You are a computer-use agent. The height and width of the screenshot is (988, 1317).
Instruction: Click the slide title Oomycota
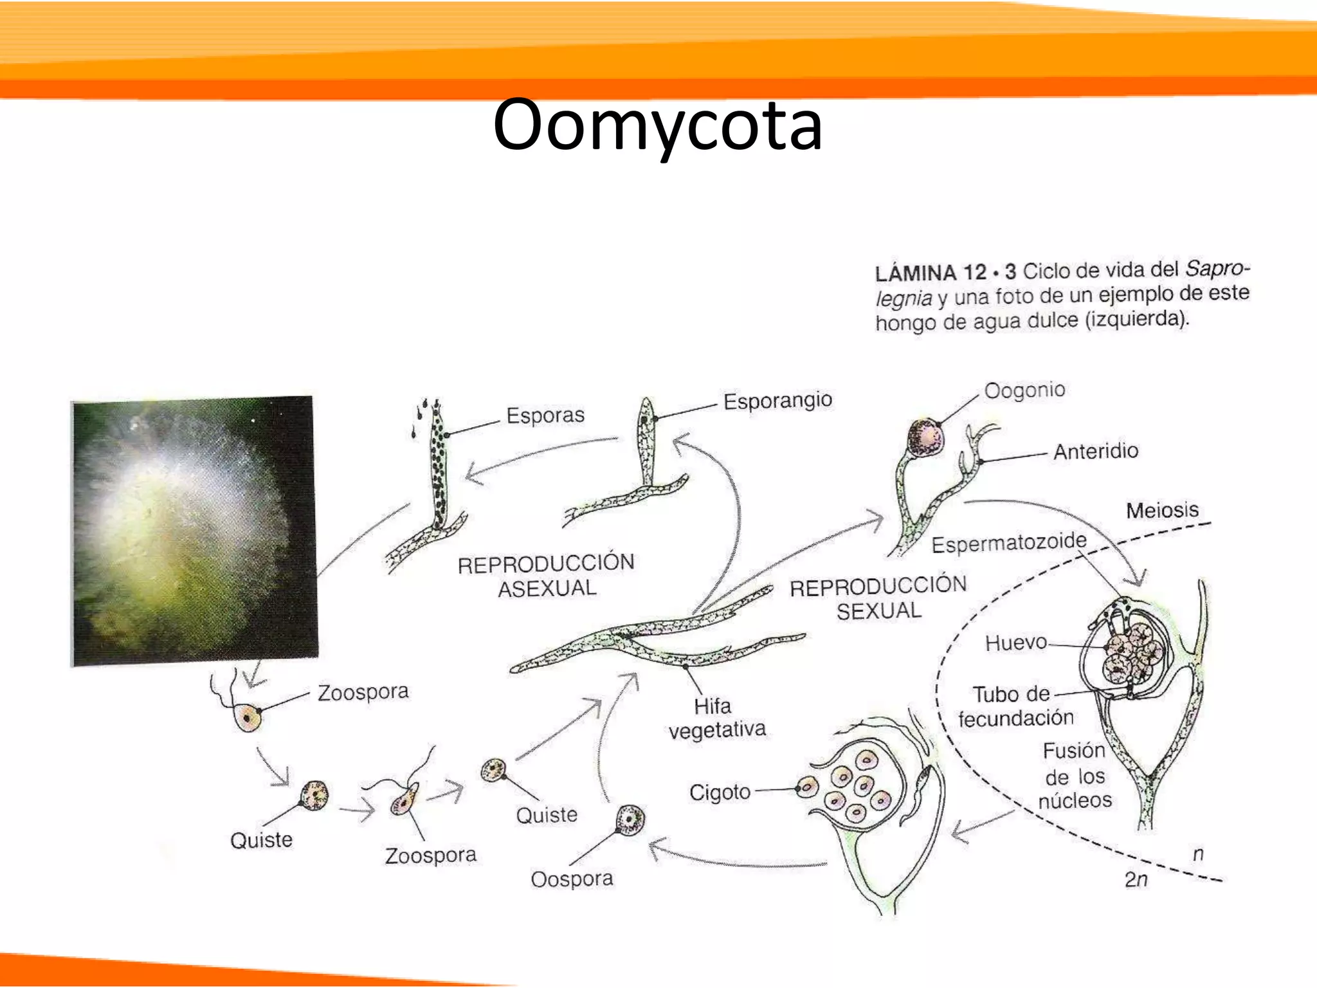pos(657,125)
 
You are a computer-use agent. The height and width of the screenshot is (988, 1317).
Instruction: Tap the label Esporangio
pos(777,401)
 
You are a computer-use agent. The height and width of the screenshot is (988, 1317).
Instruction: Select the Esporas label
pos(545,415)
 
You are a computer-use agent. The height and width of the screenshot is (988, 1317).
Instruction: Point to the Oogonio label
pos(1024,390)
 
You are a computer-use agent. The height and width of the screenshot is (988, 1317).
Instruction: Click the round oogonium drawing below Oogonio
pos(925,437)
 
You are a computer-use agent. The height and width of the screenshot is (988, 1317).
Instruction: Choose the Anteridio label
pos(1095,451)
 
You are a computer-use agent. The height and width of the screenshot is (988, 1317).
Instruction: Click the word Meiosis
pos(1162,510)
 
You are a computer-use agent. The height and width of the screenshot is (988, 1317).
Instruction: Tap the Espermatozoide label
pos(1008,544)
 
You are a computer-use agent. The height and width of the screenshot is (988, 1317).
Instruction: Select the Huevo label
pos(1015,642)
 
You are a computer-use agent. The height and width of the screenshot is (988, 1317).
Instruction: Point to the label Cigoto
pos(720,792)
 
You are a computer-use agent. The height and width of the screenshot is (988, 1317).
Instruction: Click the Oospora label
pos(572,879)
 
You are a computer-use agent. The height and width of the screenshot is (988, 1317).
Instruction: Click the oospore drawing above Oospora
pos(630,819)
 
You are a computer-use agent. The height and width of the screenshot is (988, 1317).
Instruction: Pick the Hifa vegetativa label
pos(716,718)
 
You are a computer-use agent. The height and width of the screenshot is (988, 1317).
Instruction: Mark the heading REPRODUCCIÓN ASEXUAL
pos(546,575)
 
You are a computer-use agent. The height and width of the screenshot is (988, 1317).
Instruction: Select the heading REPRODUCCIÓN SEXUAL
pos(878,598)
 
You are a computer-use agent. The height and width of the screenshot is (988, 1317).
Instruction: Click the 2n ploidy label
pos(1136,879)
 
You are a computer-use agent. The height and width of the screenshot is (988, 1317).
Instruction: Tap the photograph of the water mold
pos(194,531)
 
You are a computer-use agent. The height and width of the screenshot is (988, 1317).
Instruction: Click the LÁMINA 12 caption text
pos(1062,295)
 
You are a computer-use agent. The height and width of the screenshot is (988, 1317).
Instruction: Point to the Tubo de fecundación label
pos(1015,706)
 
